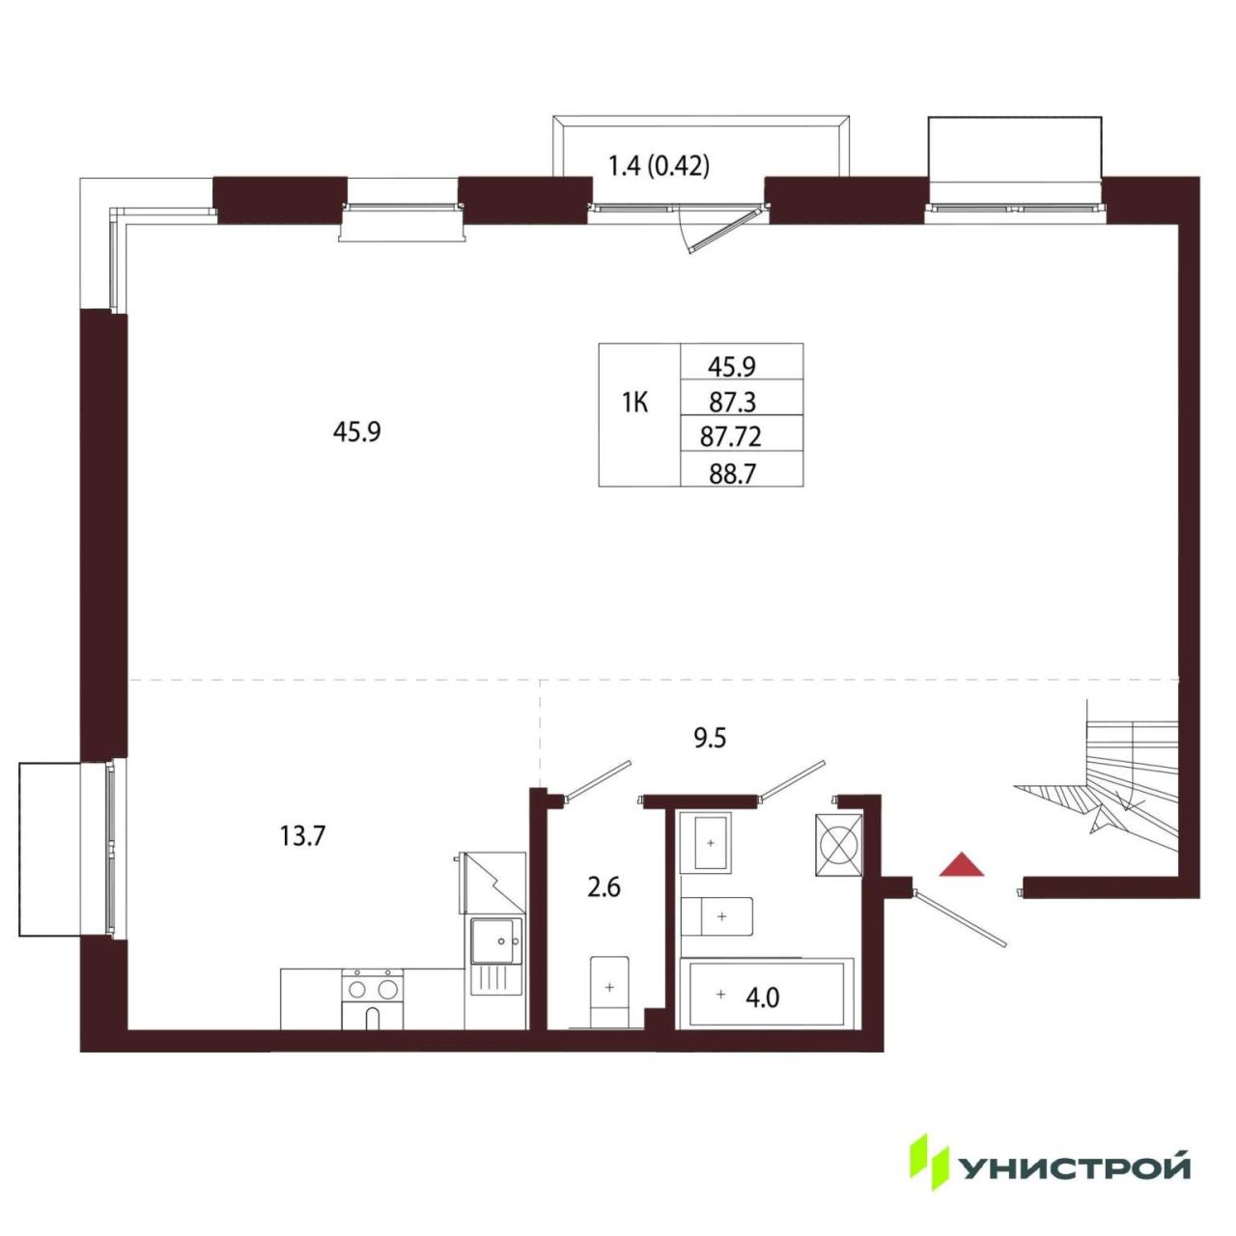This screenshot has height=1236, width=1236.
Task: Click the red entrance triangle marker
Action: click(960, 864)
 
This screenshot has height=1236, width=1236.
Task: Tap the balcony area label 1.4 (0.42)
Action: click(659, 167)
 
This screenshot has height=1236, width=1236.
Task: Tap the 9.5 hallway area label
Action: click(710, 739)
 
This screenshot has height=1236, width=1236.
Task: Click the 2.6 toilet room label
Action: click(604, 888)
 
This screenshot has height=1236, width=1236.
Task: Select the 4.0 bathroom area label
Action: click(763, 998)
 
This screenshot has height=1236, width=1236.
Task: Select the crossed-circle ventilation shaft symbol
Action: click(838, 845)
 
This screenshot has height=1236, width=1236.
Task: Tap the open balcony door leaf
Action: click(727, 229)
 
